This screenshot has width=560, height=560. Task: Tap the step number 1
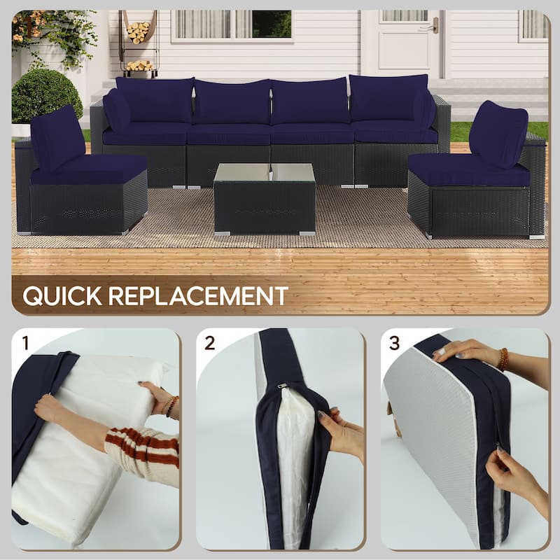(26, 343)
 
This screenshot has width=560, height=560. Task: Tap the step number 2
(209, 343)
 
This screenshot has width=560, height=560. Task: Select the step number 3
(394, 343)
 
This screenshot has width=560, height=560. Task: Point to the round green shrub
(47, 94)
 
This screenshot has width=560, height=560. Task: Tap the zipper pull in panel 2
(281, 386)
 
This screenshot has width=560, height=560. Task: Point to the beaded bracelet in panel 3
(503, 359)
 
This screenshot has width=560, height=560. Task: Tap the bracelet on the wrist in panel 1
(171, 406)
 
